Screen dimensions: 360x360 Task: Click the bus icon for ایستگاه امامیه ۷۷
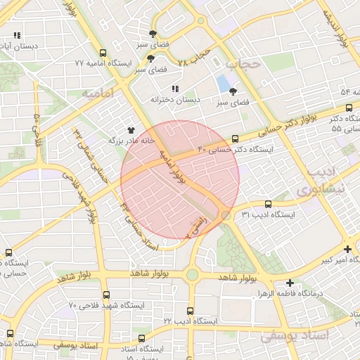pyautogui.click(x=103, y=53)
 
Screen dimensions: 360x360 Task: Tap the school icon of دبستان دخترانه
pyautogui.click(x=175, y=88)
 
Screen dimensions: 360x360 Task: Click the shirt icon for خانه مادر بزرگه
pyautogui.click(x=131, y=130)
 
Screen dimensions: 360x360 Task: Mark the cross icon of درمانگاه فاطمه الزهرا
pyautogui.click(x=290, y=282)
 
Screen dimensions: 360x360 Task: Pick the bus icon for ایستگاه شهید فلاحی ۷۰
pyautogui.click(x=106, y=295)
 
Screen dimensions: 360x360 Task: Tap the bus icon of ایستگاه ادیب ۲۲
pyautogui.click(x=190, y=310)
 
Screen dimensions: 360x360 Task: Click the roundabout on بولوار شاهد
pyautogui.click(x=192, y=275)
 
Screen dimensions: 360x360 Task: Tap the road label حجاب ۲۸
pyautogui.click(x=195, y=58)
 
